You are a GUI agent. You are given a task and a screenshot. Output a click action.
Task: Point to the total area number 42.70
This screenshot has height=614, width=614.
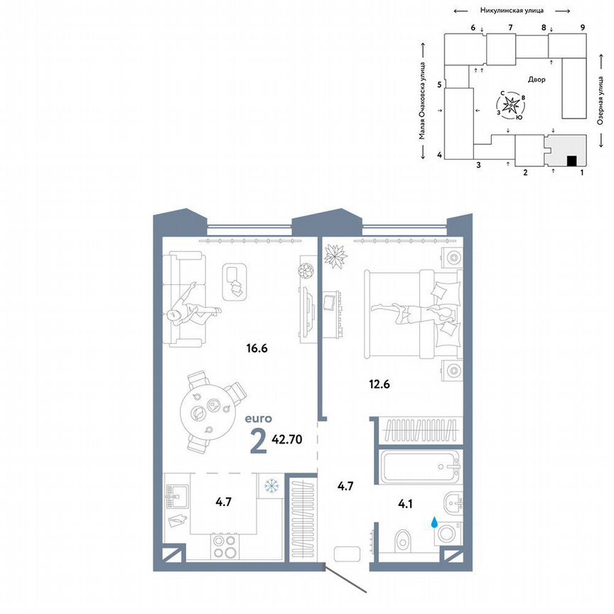coord(287,438)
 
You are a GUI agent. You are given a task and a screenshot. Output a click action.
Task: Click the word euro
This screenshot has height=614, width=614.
coord(257,419)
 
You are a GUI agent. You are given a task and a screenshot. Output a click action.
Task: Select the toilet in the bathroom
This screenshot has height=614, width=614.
coord(402,539)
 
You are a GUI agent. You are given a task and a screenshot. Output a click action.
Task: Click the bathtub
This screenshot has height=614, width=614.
coord(419,468)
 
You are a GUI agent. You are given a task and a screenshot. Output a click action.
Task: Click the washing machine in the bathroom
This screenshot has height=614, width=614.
coord(447,534)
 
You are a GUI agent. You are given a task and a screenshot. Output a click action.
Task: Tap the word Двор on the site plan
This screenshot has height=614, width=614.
coord(537,80)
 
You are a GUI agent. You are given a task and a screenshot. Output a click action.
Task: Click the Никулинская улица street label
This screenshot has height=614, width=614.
coord(512,10)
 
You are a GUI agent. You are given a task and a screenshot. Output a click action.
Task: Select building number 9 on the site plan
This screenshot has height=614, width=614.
coord(582,27)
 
